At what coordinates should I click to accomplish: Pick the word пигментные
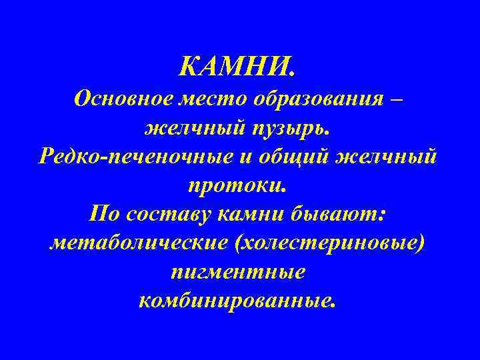[238, 273]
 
